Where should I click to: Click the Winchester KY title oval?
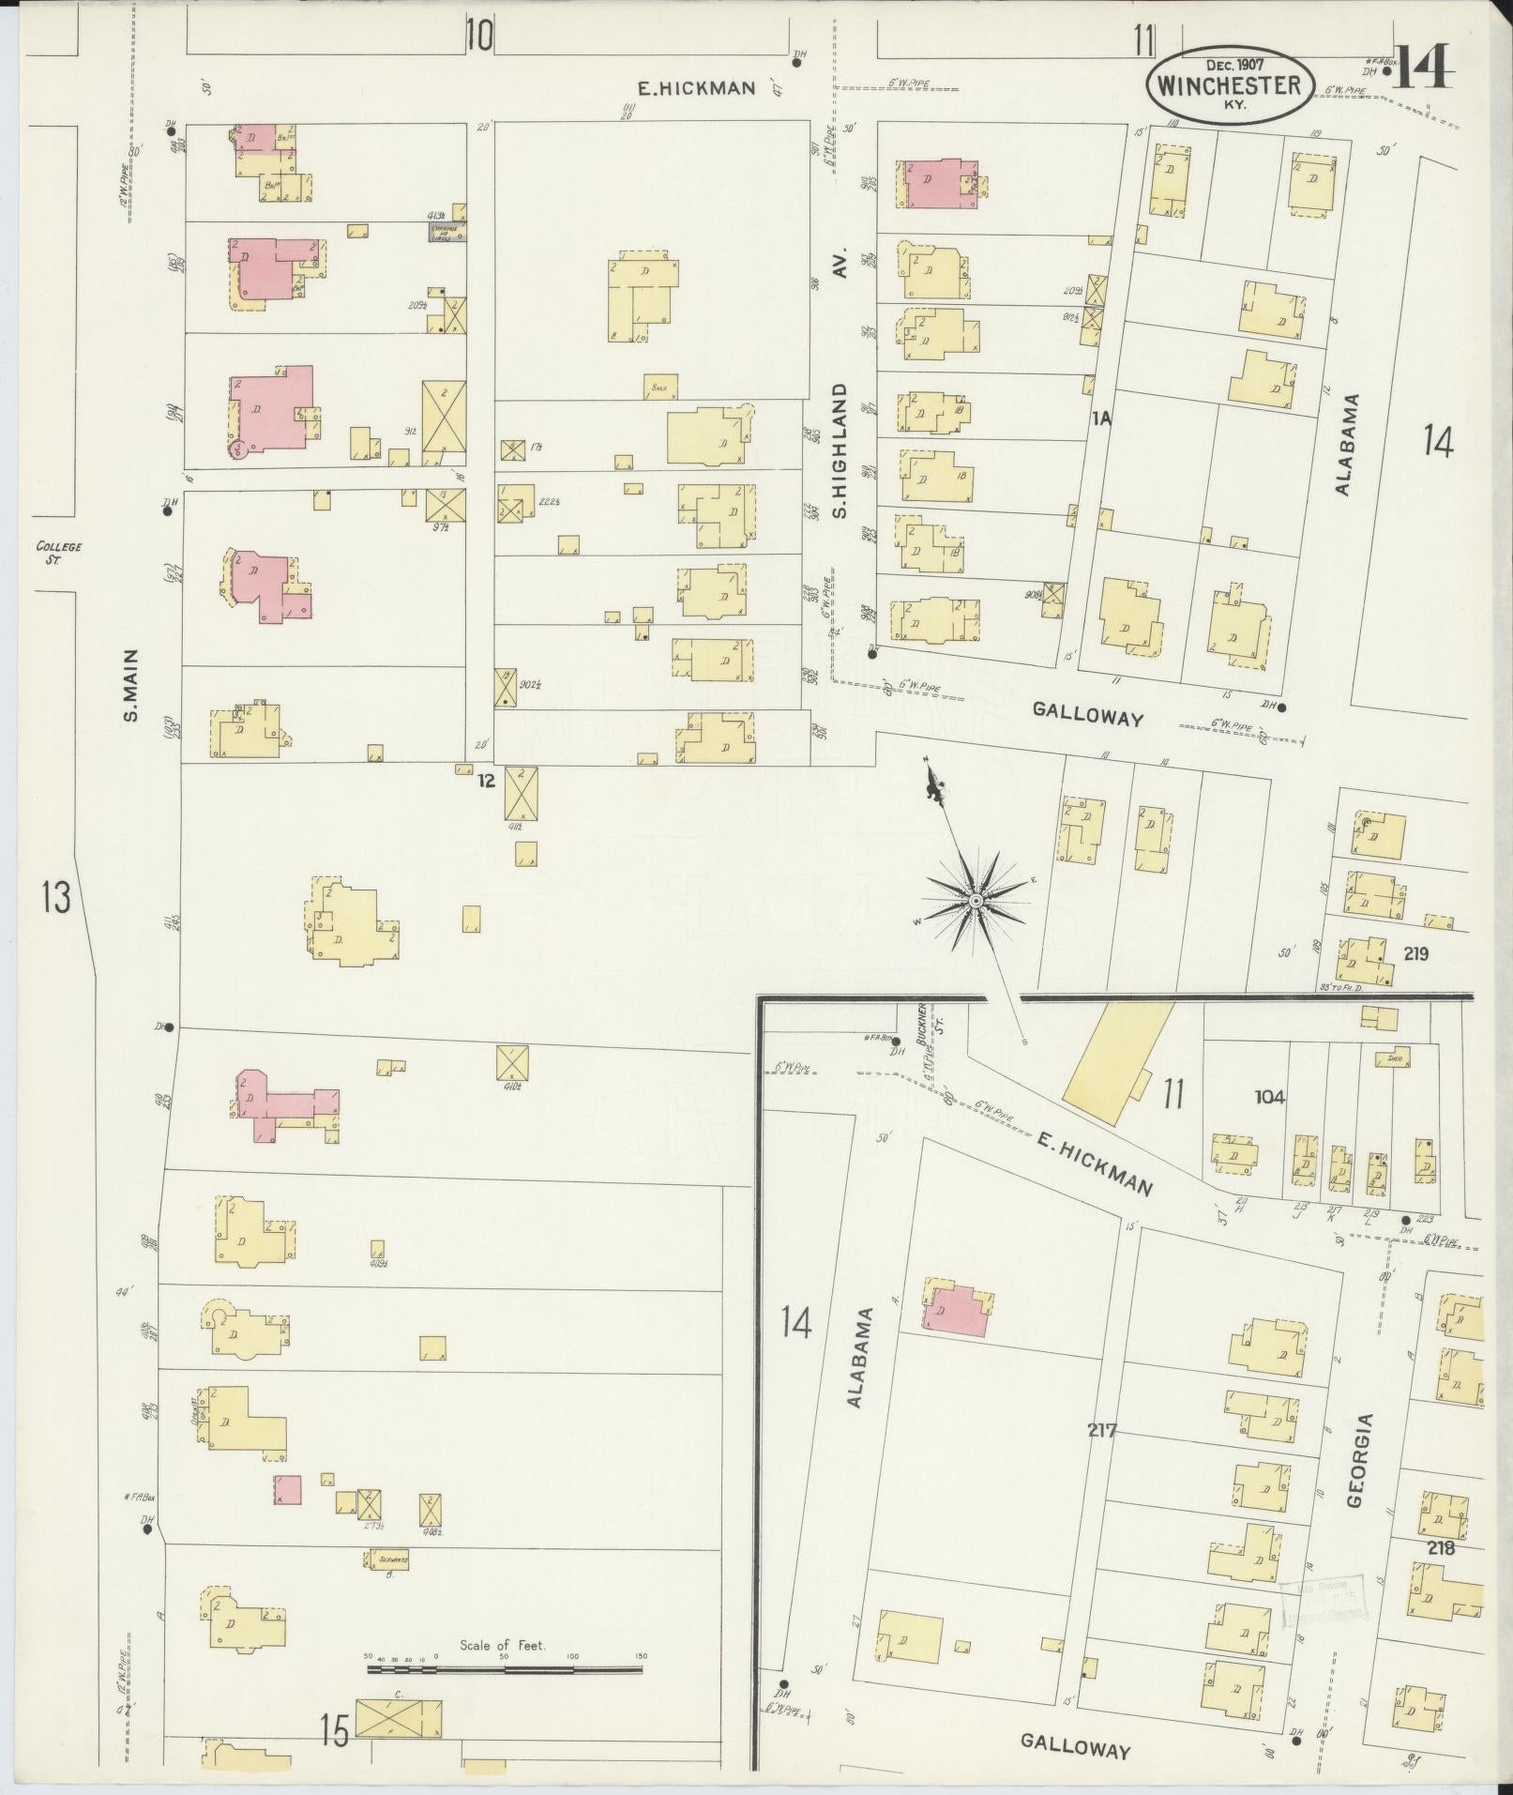coord(1228,85)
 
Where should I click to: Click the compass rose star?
coord(976,901)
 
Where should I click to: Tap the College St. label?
coord(59,552)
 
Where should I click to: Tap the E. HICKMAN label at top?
coord(696,88)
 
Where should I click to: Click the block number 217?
coord(1103,1431)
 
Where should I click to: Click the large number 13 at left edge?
coord(55,898)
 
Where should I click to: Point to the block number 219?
coord(1415,954)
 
